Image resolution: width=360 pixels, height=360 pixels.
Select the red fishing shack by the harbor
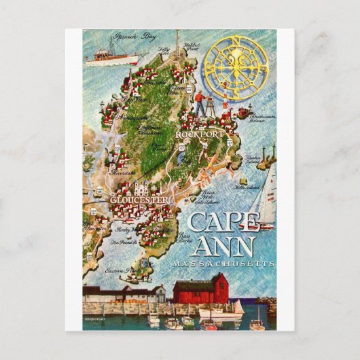coord(200,289)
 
